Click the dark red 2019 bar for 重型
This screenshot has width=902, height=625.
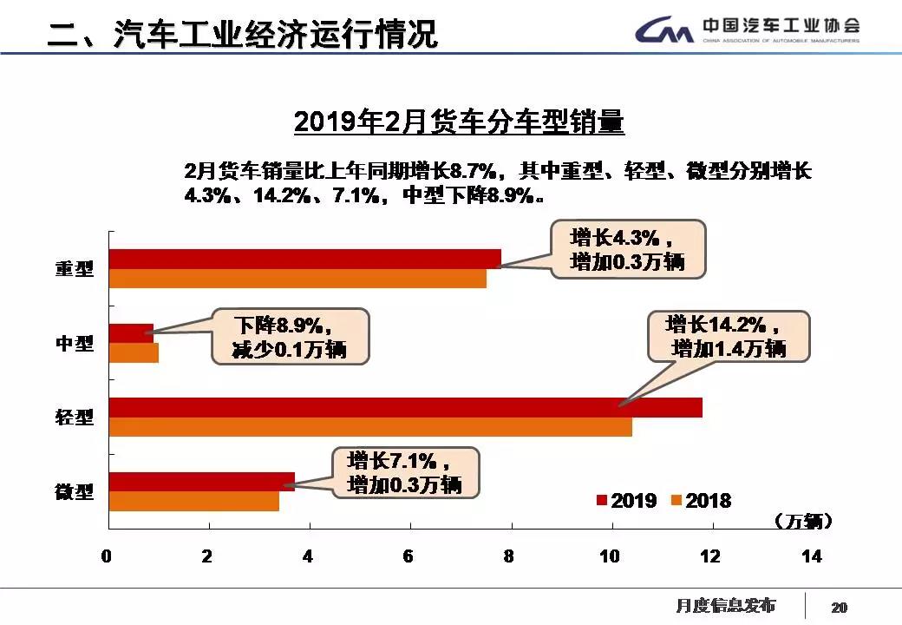[x=304, y=259]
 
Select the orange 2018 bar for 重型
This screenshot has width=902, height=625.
[x=297, y=279]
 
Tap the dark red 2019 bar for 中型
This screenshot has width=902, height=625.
[x=131, y=332]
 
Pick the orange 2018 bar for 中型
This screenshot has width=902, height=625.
[x=134, y=353]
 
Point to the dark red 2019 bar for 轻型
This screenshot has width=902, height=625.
[x=405, y=407]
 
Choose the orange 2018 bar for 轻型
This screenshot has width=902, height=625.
[x=370, y=427]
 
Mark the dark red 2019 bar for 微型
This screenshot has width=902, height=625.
[x=201, y=482]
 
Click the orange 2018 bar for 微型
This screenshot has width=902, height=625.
[x=193, y=502]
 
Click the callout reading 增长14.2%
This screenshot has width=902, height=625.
[x=729, y=337]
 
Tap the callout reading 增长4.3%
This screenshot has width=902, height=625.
[x=628, y=249]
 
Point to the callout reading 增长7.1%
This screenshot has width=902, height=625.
[x=404, y=473]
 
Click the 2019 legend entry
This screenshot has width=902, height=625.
[x=625, y=501]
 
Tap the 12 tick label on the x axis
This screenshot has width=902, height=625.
[x=710, y=556]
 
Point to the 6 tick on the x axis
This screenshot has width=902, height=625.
[x=409, y=556]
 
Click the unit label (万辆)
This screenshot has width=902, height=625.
[x=804, y=522]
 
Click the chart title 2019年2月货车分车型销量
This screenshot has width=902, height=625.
[x=459, y=122]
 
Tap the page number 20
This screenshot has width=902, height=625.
[x=839, y=607]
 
